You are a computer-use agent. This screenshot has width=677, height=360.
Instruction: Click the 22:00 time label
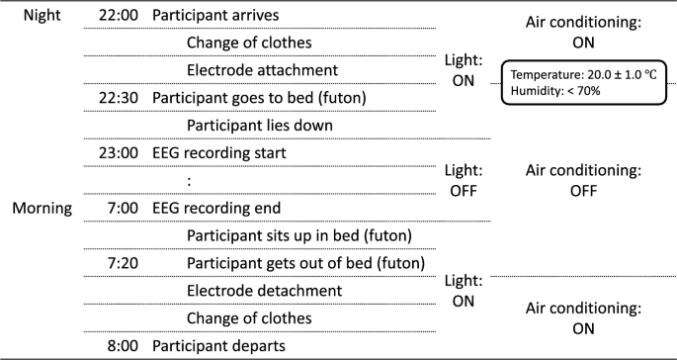click(118, 17)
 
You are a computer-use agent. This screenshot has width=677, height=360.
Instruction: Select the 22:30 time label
click(118, 99)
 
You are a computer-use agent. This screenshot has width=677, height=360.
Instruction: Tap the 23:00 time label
click(118, 154)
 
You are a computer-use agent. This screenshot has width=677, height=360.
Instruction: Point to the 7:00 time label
click(123, 209)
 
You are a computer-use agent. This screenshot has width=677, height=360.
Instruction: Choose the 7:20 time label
click(123, 263)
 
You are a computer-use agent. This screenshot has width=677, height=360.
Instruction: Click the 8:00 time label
click(123, 346)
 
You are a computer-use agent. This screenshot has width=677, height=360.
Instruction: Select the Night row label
click(36, 17)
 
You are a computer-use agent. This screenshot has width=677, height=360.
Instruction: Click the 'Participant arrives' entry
click(214, 17)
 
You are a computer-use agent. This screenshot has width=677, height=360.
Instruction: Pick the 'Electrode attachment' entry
click(262, 71)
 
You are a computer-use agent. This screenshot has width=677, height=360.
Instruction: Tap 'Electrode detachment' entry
click(264, 291)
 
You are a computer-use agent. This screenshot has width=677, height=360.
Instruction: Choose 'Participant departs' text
click(218, 346)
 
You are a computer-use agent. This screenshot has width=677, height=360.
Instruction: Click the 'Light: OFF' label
click(464, 181)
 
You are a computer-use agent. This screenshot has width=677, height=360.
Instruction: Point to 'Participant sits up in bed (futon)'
click(297, 235)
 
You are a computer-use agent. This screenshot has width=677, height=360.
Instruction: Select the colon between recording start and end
click(188, 182)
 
